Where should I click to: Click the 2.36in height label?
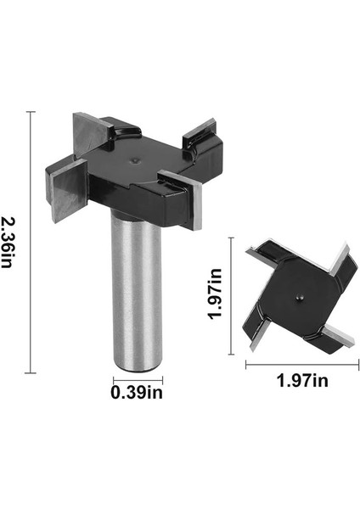coord(9,243)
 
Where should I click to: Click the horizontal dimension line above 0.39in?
coord(137,378)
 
